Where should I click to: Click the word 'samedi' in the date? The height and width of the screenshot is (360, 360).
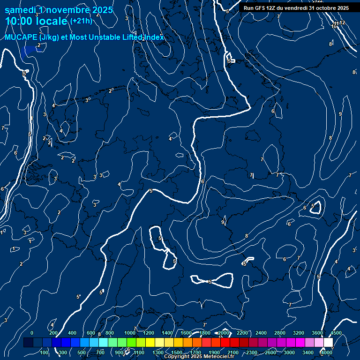[x=19, y=10]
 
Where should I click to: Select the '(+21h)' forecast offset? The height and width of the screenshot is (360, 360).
[x=81, y=21]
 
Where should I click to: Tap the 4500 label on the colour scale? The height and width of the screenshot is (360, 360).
[x=336, y=333]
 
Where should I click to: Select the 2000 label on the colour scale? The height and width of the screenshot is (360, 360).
[x=224, y=333]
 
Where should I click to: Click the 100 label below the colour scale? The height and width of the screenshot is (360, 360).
[x=45, y=352]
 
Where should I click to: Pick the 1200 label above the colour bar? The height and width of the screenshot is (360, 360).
[x=149, y=333]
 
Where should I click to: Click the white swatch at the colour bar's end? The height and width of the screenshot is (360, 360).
[x=328, y=343]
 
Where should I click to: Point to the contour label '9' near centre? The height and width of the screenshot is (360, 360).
[x=223, y=222]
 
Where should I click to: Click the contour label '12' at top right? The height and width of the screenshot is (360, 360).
[x=342, y=22]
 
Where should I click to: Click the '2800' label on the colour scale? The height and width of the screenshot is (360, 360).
[x=279, y=333]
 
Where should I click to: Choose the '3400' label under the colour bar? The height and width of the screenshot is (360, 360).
[x=308, y=352]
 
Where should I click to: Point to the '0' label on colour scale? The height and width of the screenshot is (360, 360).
[x=32, y=333]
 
